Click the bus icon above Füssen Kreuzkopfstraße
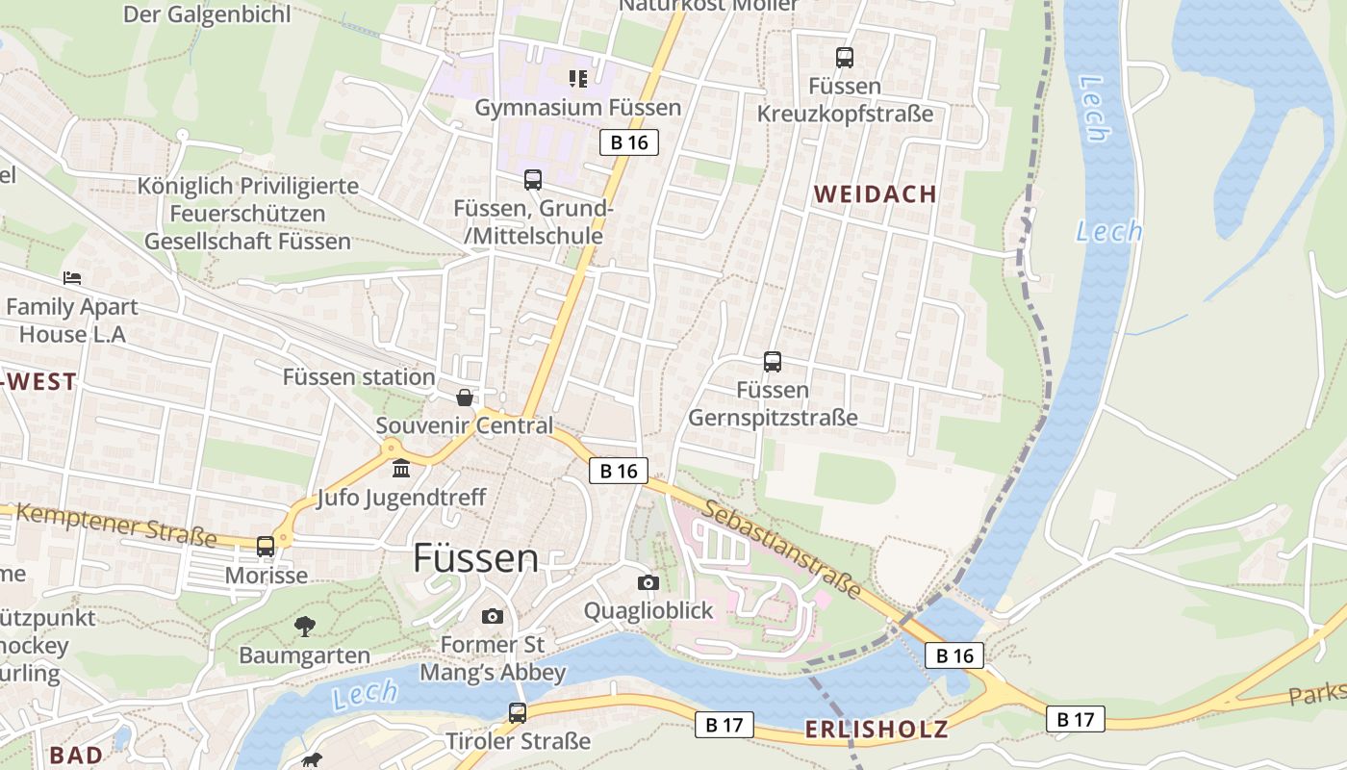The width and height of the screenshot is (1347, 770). point(845,58)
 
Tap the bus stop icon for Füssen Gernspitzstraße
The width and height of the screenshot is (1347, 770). point(773,362)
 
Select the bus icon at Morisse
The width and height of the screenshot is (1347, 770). point(266,547)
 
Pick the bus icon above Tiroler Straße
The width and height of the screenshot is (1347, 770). point(518,713)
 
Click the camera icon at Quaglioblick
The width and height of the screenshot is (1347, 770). point(648,582)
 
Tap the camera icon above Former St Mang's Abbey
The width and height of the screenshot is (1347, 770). point(493,616)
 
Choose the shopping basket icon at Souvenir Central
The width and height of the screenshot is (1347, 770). point(465,398)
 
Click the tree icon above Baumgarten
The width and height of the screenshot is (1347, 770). point(304,627)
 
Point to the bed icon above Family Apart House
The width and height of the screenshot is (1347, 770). point(72,278)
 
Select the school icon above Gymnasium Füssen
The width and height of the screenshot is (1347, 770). point(577,79)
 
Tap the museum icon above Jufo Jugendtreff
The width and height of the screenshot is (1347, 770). point(401,469)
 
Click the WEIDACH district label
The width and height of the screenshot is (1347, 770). point(875,194)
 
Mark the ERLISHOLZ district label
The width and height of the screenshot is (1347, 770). point(876,730)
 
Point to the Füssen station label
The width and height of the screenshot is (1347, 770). point(358,377)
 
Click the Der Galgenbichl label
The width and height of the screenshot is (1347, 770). point(207,14)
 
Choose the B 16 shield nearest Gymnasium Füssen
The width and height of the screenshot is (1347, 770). point(629,143)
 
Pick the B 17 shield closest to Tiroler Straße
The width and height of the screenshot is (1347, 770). point(724,725)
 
